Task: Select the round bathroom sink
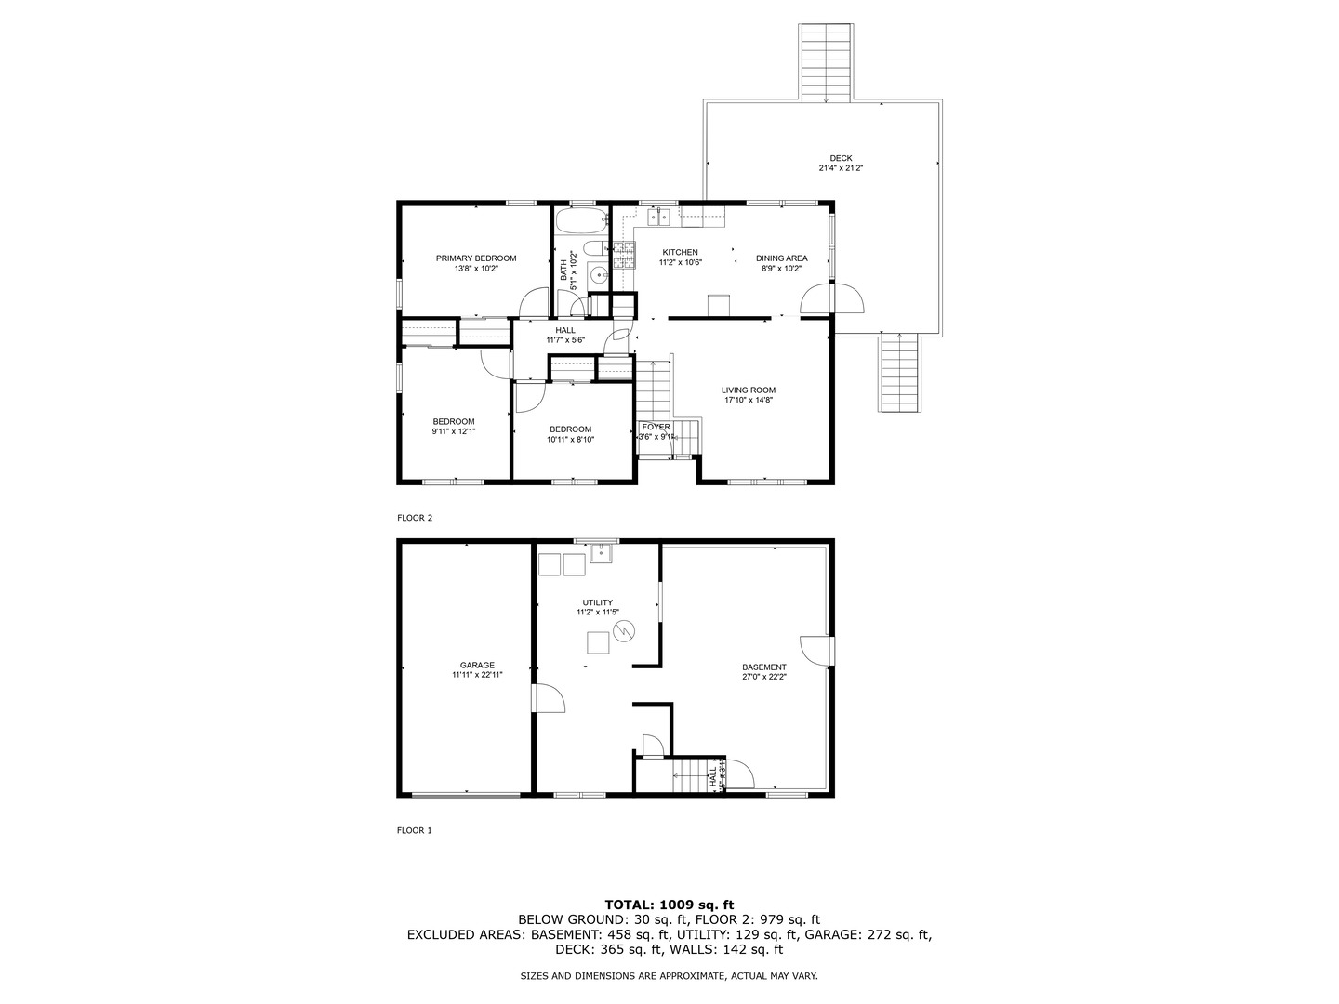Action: (x=600, y=274)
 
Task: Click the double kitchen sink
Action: (x=659, y=218)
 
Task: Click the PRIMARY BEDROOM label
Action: (x=476, y=258)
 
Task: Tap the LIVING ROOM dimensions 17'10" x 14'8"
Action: (x=749, y=401)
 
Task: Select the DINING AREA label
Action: (x=781, y=258)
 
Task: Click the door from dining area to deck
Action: (x=833, y=300)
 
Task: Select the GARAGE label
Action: (x=477, y=665)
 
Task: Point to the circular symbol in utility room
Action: (x=625, y=631)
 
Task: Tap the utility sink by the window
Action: (x=601, y=552)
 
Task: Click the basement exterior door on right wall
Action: (x=817, y=650)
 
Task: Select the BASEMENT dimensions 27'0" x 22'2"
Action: (x=764, y=678)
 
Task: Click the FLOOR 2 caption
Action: (x=415, y=518)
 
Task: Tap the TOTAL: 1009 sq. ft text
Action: (x=669, y=904)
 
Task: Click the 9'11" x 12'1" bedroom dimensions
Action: (x=453, y=431)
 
